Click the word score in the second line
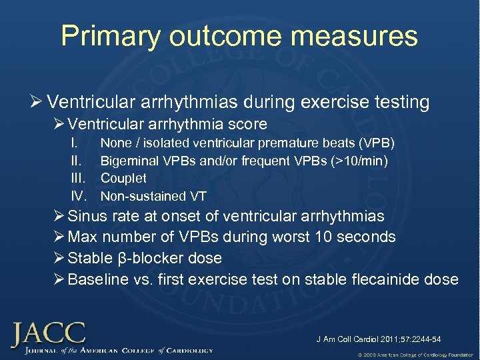(247, 124)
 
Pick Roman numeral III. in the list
(78, 179)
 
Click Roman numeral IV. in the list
(79, 196)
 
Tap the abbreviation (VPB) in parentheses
(377, 143)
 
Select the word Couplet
(123, 179)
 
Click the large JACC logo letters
(48, 333)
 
